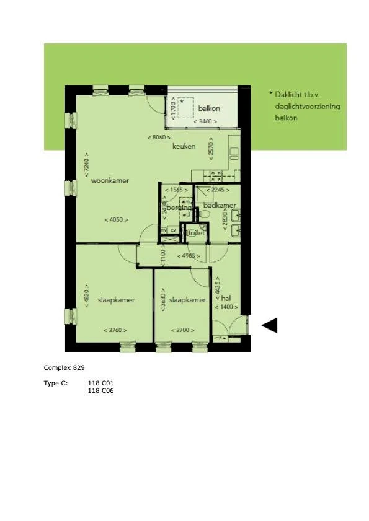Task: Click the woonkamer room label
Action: [110, 181]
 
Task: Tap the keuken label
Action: [184, 147]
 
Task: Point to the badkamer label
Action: [220, 205]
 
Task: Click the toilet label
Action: [197, 234]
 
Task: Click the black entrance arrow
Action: [269, 325]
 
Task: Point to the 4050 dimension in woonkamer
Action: [116, 220]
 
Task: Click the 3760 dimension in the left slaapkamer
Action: [116, 330]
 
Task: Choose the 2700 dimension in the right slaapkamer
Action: [183, 330]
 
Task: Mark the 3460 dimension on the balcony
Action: [205, 122]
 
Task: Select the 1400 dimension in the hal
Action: [226, 307]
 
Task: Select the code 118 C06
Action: [100, 390]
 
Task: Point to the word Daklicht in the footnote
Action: [288, 95]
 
